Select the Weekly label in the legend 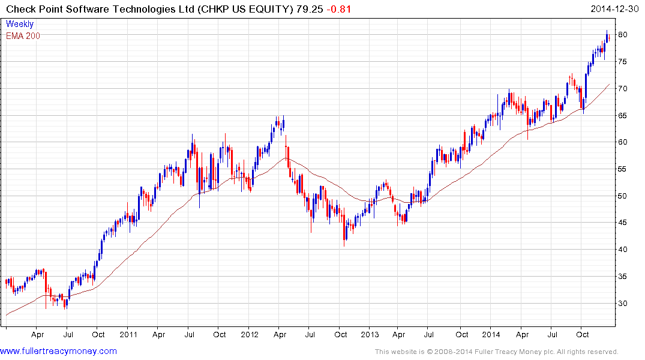pyautogui.click(x=20, y=24)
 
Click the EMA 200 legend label pyautogui.click(x=23, y=35)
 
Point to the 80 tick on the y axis pyautogui.click(x=623, y=35)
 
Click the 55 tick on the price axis pyautogui.click(x=623, y=169)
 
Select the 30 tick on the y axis pyautogui.click(x=623, y=304)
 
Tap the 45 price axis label pyautogui.click(x=623, y=223)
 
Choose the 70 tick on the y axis pyautogui.click(x=623, y=89)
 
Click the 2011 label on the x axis pyautogui.click(x=129, y=335)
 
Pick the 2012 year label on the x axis pyautogui.click(x=250, y=335)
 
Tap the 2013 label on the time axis pyautogui.click(x=370, y=335)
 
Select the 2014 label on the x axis pyautogui.click(x=491, y=335)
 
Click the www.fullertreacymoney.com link pyautogui.click(x=58, y=351)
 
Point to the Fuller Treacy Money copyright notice pyautogui.click(x=496, y=352)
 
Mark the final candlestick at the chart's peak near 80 pyautogui.click(x=608, y=37)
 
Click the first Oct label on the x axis pyautogui.click(x=98, y=335)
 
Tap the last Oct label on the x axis pyautogui.click(x=582, y=335)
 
